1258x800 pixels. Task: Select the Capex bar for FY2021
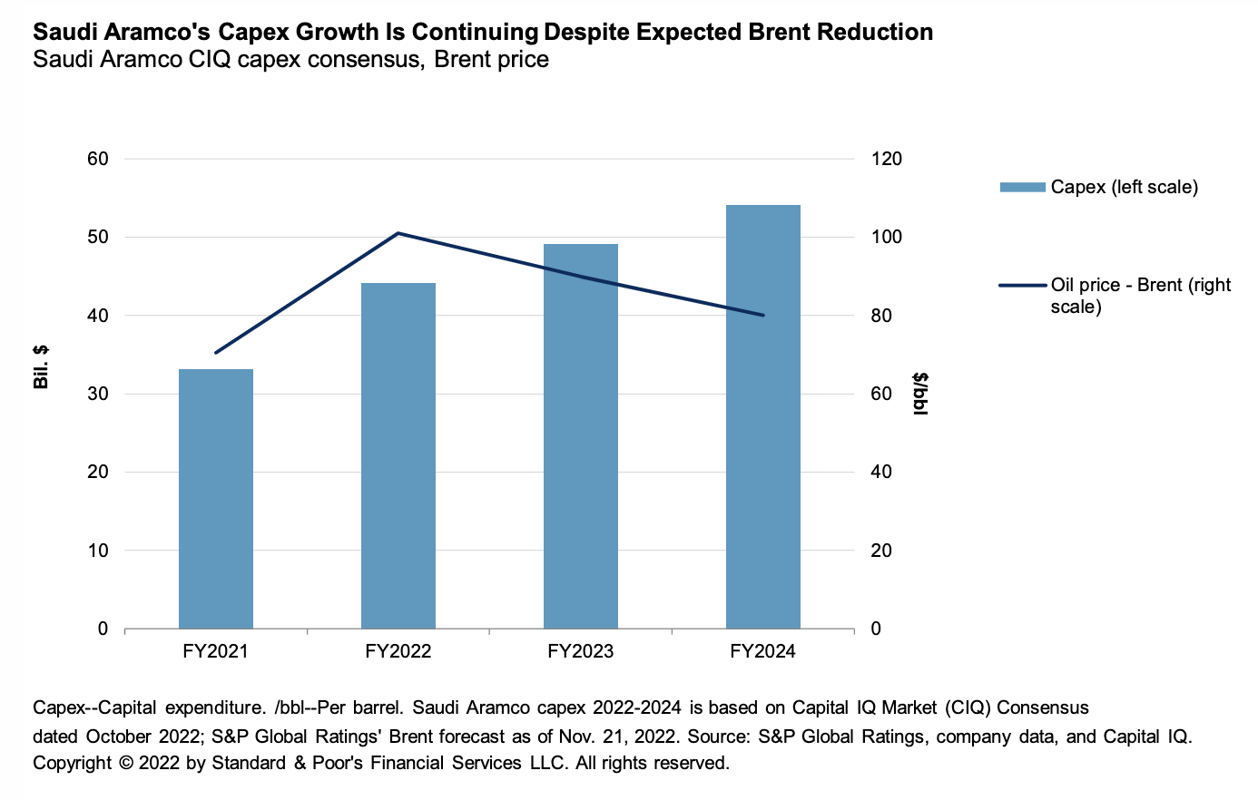(x=216, y=498)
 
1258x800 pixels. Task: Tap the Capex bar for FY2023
(x=581, y=435)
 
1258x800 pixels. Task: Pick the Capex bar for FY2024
(x=763, y=416)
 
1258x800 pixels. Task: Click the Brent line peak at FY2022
(x=398, y=233)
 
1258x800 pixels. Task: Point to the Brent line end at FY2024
(x=763, y=316)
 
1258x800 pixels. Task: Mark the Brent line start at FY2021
(x=216, y=352)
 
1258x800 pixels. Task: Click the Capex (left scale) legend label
(x=1124, y=187)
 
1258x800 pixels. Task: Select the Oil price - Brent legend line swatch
(x=1022, y=285)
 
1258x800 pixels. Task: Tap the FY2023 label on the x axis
(x=581, y=651)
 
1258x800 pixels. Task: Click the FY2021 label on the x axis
(x=216, y=651)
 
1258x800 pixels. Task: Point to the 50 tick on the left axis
(x=97, y=237)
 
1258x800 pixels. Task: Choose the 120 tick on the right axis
(x=887, y=159)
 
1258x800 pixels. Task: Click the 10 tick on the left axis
(x=97, y=551)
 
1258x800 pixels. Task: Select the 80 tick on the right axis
(x=881, y=316)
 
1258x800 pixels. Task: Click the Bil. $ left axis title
(x=41, y=366)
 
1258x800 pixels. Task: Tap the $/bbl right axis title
(x=920, y=394)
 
